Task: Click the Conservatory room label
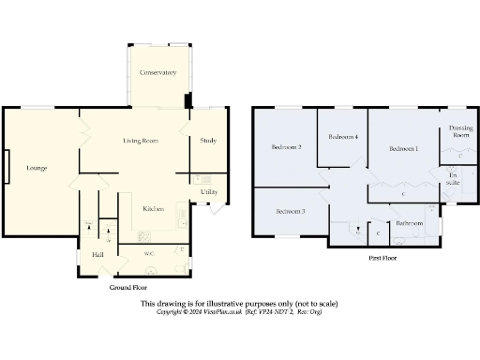157,72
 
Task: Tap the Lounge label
37,168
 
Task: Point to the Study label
208,141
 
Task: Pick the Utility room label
209,192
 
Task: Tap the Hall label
97,254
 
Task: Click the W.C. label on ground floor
148,254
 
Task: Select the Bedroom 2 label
286,147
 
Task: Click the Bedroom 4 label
342,138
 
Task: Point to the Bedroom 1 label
404,148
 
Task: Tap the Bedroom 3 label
290,211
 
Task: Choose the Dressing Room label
459,131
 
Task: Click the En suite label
453,178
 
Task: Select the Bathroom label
410,224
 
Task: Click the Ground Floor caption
128,288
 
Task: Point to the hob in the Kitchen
144,236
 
